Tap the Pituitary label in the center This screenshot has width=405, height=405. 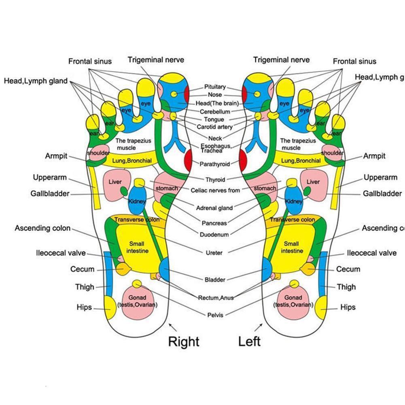pyautogui.click(x=215, y=87)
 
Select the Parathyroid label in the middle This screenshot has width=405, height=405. pyautogui.click(x=214, y=164)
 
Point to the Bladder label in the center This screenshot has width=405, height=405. pyautogui.click(x=215, y=280)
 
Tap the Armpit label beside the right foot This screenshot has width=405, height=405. pyautogui.click(x=56, y=156)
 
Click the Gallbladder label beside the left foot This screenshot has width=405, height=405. pyautogui.click(x=382, y=194)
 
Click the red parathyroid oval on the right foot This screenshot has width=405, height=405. pyautogui.click(x=189, y=160)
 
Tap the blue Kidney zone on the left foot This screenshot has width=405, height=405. pyautogui.click(x=294, y=200)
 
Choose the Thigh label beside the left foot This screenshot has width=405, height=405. pyautogui.click(x=346, y=287)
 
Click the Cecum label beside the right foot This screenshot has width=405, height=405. pyautogui.click(x=82, y=269)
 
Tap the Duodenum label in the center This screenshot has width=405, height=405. pyautogui.click(x=214, y=234)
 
